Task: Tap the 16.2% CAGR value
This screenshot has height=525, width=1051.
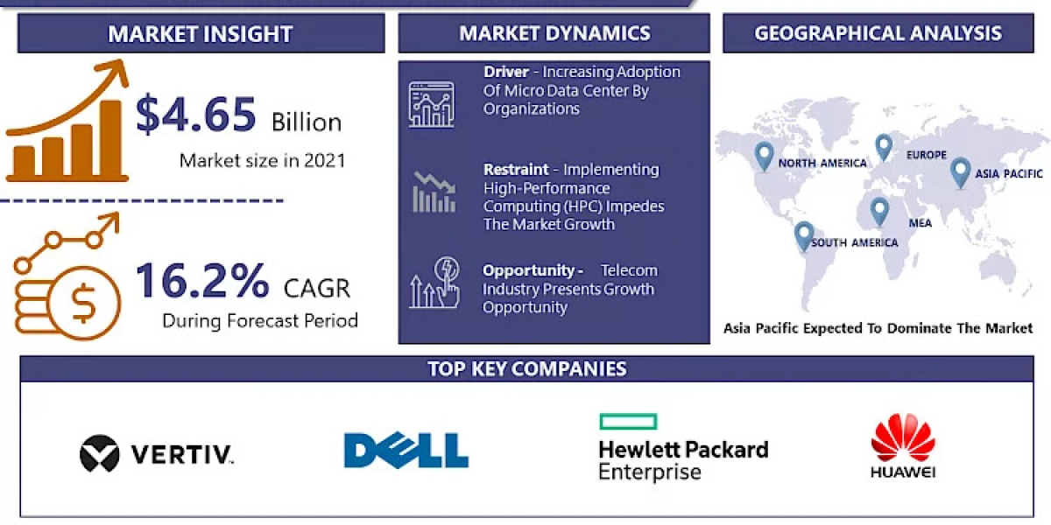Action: (202, 281)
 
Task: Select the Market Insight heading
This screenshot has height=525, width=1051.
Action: (201, 33)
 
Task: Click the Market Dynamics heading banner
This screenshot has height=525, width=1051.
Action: (554, 33)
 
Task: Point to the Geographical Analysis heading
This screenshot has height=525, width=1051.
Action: (878, 33)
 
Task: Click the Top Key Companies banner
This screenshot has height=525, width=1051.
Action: (526, 368)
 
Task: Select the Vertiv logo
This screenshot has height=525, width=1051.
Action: (157, 453)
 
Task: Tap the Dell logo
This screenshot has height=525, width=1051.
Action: (406, 450)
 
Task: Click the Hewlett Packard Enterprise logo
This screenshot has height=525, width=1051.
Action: (682, 448)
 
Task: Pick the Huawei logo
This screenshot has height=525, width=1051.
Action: (903, 446)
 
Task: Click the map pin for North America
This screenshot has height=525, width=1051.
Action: (764, 156)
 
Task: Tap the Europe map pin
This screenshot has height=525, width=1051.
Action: (883, 146)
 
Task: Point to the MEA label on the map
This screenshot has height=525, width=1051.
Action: (920, 223)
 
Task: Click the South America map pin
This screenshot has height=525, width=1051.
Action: (803, 235)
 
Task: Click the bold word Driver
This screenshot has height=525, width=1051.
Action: (505, 72)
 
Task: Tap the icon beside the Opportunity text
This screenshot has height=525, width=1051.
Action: (434, 283)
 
